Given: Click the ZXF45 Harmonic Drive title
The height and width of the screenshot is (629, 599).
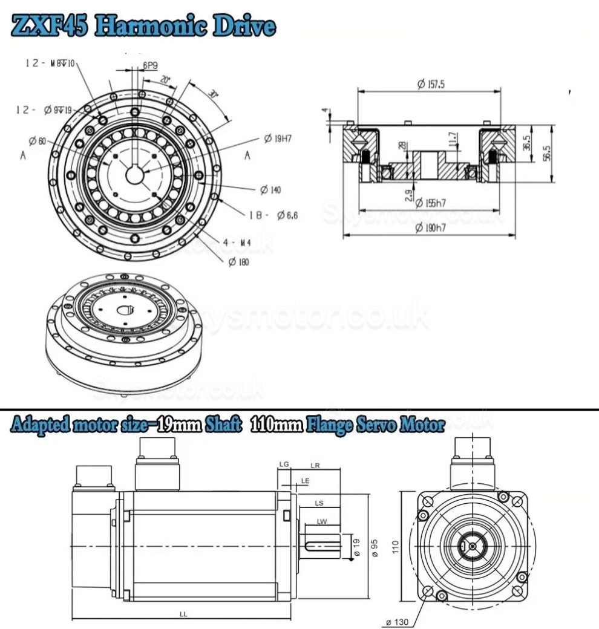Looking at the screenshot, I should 143,26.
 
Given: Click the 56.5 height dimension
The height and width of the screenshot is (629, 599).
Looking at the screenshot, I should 547,154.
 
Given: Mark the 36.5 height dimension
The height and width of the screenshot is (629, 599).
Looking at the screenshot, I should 526,143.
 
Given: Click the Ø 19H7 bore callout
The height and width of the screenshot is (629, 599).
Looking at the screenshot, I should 278,139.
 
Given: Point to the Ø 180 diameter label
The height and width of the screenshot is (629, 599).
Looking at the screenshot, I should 238,261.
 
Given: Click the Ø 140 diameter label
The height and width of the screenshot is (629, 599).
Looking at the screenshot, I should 270,190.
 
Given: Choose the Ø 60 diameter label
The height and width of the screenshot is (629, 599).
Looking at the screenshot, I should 37,141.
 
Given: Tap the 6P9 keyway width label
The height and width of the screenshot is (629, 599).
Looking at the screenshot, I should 151,65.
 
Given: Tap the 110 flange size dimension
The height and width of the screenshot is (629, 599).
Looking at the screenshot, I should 395,547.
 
